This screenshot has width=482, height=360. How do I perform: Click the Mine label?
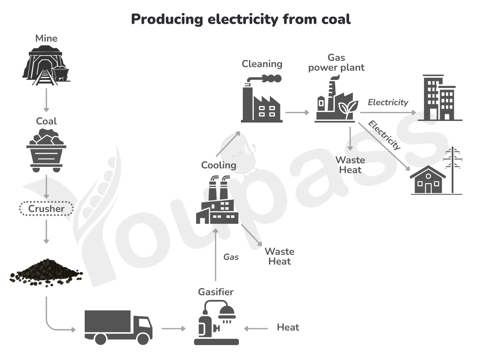46,38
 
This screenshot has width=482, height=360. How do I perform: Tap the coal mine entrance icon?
46,66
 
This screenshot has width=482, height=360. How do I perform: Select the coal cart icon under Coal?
46,150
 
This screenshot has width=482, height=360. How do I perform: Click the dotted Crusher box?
46,208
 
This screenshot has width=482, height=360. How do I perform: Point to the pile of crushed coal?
46,273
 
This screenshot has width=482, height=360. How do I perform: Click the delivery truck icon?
118,327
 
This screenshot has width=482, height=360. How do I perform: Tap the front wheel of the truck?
143,339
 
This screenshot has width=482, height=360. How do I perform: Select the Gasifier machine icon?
216,322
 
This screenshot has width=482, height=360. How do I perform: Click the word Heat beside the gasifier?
288,327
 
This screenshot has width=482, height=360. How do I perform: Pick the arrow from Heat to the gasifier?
256,329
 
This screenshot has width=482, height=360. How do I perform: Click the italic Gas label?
231,257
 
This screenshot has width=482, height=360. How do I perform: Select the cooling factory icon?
217,199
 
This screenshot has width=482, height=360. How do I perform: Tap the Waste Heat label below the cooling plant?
280,256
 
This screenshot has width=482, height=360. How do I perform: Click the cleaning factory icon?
262,99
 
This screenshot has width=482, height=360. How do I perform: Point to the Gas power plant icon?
336,99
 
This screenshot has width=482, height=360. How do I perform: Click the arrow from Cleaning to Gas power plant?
297,113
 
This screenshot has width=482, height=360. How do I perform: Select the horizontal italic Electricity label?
388,102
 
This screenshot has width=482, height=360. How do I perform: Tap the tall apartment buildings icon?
440,98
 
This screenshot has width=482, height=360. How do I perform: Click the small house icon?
428,180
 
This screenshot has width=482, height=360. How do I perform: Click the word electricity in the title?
243,19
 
